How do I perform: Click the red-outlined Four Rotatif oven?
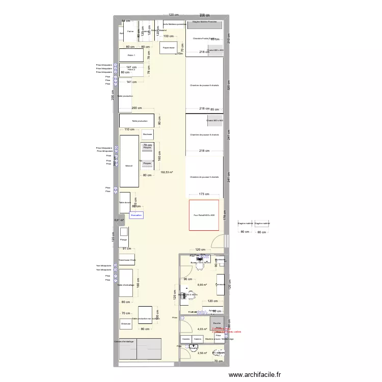(204, 215)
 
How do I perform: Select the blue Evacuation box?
(137, 215)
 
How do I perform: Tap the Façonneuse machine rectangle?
(169, 48)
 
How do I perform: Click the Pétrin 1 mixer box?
(131, 55)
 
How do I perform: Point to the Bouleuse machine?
(148, 134)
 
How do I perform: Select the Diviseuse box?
(126, 323)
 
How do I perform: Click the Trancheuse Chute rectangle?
(127, 260)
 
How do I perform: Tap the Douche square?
(216, 323)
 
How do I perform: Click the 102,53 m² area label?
(167, 173)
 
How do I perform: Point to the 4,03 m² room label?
(202, 329)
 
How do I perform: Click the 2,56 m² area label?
(202, 353)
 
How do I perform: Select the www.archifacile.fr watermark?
(255, 374)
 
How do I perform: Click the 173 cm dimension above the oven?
(204, 194)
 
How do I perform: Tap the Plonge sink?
(123, 239)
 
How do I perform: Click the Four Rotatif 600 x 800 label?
(204, 215)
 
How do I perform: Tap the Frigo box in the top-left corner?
(121, 34)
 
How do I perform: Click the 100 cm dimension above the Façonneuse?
(168, 37)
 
